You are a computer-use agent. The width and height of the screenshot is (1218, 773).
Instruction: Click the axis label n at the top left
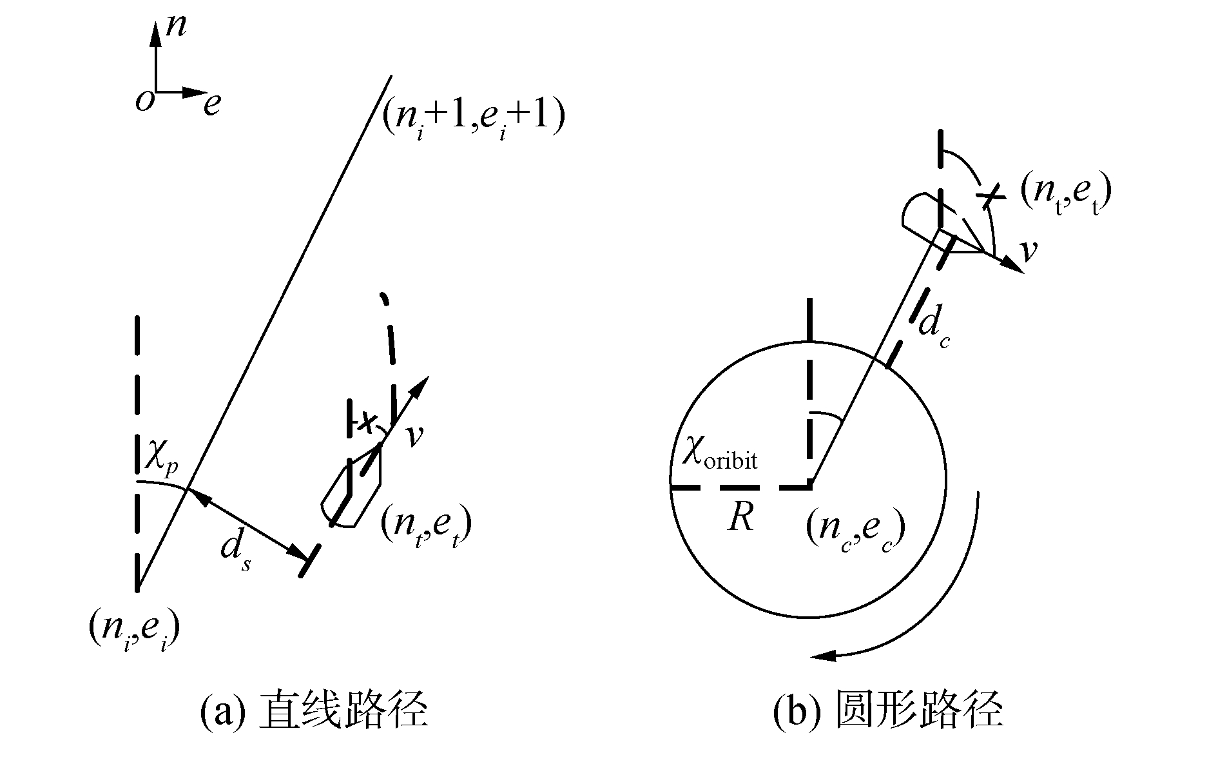pos(175,28)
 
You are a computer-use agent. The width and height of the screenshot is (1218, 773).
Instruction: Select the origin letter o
pos(144,102)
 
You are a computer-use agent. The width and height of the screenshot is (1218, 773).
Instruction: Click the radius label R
pos(740,518)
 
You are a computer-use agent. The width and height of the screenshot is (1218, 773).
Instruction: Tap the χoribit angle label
pos(720,457)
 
